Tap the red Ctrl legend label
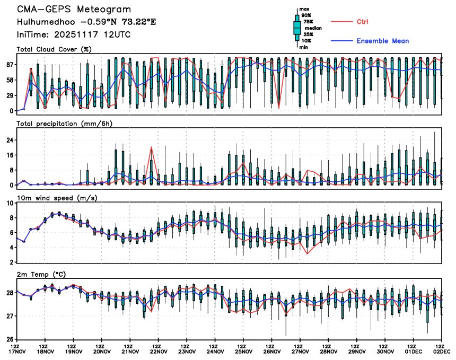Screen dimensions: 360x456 [x=363, y=21]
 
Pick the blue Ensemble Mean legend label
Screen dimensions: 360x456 [x=382, y=41]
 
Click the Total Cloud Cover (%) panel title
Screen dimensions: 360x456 [x=54, y=49]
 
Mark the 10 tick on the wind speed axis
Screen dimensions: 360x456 [x=8, y=203]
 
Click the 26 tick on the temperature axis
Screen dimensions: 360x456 [x=8, y=339]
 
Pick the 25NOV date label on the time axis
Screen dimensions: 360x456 [x=243, y=352]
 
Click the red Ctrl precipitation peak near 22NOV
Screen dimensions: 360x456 [x=152, y=147]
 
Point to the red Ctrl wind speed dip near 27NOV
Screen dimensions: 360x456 [x=307, y=254]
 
